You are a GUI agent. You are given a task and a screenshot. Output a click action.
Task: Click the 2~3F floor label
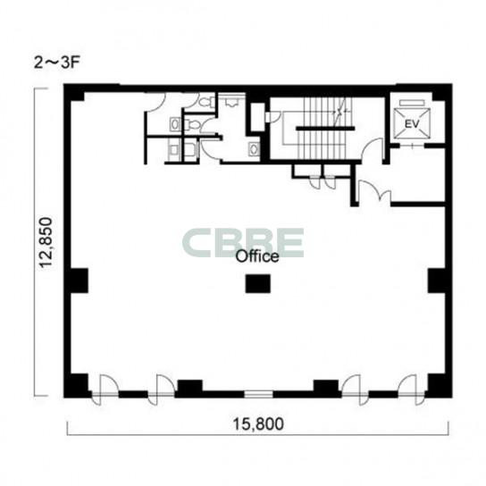[56, 63]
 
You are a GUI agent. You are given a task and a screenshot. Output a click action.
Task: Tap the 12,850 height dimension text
[46, 243]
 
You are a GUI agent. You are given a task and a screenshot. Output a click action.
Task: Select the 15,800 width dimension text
[258, 424]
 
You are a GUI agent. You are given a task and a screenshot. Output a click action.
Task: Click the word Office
[257, 256]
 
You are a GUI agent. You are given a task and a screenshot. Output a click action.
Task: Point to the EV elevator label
[412, 124]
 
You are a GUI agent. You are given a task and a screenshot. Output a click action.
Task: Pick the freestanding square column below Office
[258, 283]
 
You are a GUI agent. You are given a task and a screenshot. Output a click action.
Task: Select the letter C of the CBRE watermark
[196, 242]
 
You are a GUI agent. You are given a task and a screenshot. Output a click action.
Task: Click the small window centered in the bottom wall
[258, 394]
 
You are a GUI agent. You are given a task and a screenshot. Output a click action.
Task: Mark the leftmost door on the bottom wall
[105, 390]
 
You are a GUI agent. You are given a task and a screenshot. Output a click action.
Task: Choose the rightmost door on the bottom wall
[411, 390]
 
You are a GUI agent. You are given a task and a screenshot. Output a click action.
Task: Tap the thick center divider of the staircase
[325, 128]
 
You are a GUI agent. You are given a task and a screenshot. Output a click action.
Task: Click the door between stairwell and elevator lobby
[373, 150]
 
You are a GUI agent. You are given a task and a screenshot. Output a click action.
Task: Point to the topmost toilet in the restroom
[205, 102]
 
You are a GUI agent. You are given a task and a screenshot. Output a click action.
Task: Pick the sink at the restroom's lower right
[255, 149]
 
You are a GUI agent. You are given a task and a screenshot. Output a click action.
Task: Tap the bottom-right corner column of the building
[438, 385]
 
